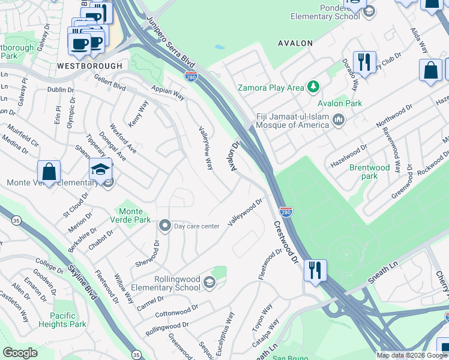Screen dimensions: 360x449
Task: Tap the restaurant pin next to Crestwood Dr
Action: click(x=315, y=270)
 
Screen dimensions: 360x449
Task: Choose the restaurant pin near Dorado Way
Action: click(x=364, y=62)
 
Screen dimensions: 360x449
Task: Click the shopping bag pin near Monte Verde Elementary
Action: click(x=49, y=172)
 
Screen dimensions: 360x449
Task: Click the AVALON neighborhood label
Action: click(x=295, y=43)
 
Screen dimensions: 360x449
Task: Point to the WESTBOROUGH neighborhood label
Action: click(x=89, y=65)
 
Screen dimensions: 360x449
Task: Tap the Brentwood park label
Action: click(x=370, y=172)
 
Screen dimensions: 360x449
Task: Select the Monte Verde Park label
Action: click(x=131, y=215)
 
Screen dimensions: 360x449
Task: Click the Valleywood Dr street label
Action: click(x=245, y=214)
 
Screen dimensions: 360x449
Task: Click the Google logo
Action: click(x=20, y=353)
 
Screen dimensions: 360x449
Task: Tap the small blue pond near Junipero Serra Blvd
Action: click(x=219, y=47)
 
